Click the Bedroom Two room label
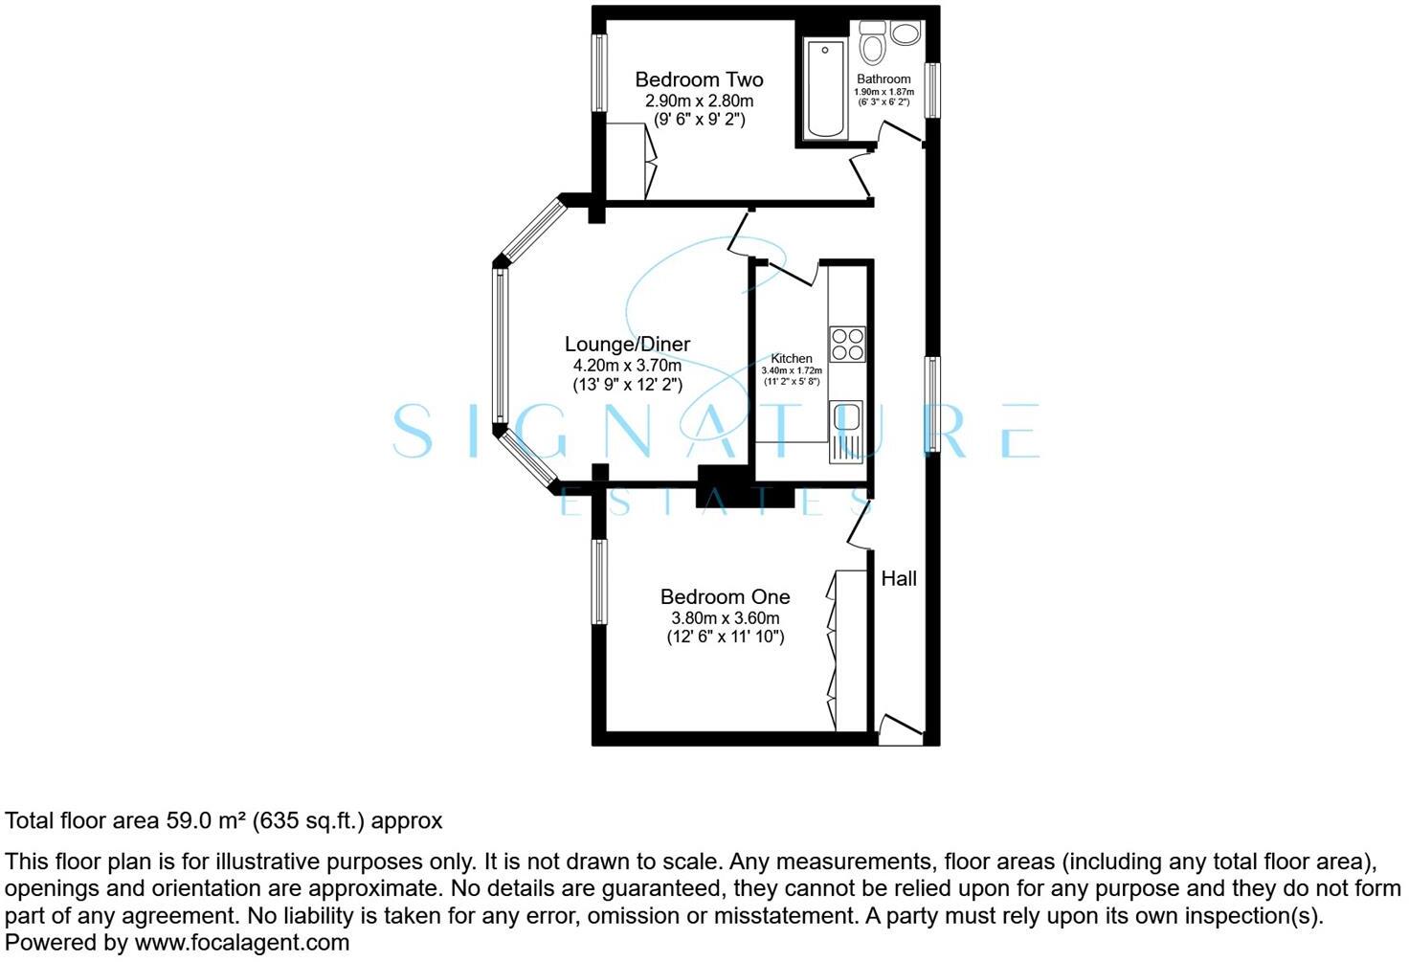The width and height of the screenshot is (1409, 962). (x=699, y=79)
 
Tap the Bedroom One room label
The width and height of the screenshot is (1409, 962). (x=725, y=596)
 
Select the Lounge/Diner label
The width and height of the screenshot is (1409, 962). (x=627, y=344)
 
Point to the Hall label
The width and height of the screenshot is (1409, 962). (x=899, y=578)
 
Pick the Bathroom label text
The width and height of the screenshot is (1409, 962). (x=883, y=79)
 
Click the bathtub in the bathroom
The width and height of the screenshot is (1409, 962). (x=824, y=89)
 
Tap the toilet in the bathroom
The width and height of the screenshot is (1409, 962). (x=872, y=42)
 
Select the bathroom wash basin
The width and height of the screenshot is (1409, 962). (x=904, y=33)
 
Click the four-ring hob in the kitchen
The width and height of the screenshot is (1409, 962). (x=847, y=344)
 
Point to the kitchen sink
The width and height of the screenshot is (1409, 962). (x=846, y=430)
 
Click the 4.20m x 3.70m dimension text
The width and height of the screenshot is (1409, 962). (x=627, y=365)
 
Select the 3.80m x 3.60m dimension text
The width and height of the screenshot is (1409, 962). (x=725, y=617)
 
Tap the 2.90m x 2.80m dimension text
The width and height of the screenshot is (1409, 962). (x=699, y=101)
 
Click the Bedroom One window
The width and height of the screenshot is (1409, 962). (x=599, y=581)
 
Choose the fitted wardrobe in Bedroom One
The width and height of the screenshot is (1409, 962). (x=848, y=651)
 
